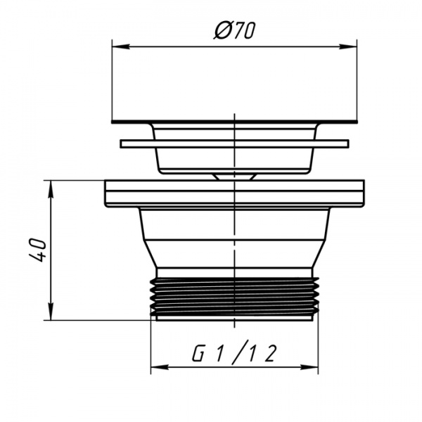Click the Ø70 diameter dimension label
[x=234, y=30]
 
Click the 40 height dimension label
[x=38, y=250]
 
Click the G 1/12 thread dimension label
[x=234, y=354]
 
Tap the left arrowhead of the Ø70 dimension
[x=120, y=46]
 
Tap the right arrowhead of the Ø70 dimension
[x=348, y=46]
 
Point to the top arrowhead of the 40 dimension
[x=51, y=189]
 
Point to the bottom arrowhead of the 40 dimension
[x=51, y=312]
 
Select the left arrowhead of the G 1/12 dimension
[x=160, y=367]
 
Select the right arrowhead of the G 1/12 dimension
[x=309, y=367]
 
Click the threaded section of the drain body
[x=234, y=296]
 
